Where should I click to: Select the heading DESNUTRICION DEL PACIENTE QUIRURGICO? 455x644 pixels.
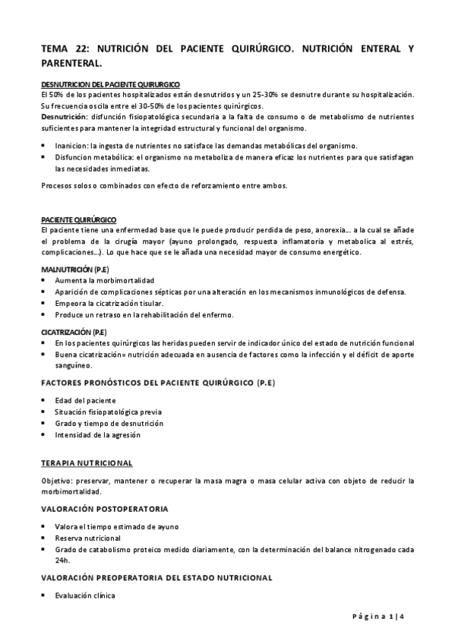(110, 84)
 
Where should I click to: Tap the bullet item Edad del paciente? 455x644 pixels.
(85, 399)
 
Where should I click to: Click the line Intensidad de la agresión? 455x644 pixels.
(97, 434)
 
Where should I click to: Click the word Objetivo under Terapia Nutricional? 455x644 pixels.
(57, 481)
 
